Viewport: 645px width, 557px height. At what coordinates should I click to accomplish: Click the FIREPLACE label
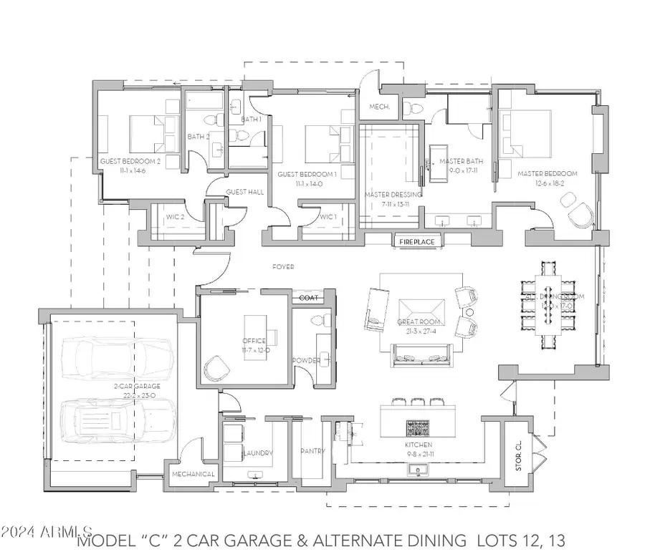[416, 242]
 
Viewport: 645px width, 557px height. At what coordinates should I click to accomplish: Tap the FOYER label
[283, 267]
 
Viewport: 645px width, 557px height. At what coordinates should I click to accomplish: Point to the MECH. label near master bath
[379, 107]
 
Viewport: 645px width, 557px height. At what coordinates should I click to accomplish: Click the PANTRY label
[312, 452]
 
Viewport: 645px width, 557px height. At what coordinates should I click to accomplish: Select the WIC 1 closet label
[328, 217]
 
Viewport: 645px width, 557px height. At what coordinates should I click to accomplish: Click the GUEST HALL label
[245, 192]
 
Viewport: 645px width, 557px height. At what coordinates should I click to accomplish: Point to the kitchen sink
[416, 470]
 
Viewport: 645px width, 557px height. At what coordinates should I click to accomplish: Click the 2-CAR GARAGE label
[136, 386]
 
